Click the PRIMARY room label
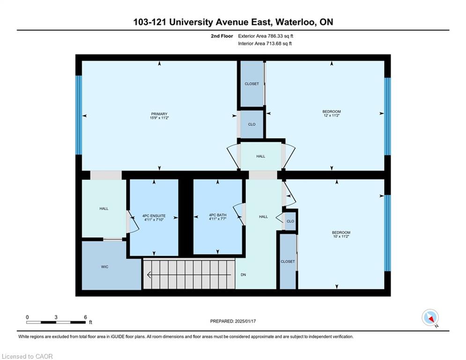(x=159, y=114)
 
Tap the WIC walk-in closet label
(x=104, y=267)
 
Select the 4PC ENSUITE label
(x=154, y=216)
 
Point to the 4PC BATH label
(x=218, y=215)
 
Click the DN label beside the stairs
(x=244, y=275)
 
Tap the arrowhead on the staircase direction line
(x=149, y=275)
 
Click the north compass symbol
(x=430, y=317)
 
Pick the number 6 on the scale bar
(x=85, y=317)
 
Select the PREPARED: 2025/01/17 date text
(x=233, y=321)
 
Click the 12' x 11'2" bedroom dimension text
(x=332, y=115)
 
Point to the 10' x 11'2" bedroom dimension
(x=341, y=236)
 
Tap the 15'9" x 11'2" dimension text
(x=159, y=118)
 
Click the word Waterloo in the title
(x=295, y=22)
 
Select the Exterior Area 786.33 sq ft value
(x=266, y=36)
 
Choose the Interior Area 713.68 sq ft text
(x=265, y=44)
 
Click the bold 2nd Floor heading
(x=222, y=36)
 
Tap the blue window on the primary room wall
(x=79, y=115)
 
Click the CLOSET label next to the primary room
(x=251, y=84)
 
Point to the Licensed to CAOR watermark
(x=27, y=356)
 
